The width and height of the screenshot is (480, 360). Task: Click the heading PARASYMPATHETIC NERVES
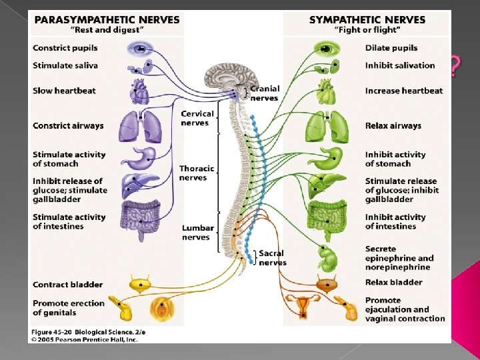point(107,19)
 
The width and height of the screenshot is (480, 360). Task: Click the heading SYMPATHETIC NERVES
point(367,19)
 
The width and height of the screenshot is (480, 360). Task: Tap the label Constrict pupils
point(66,48)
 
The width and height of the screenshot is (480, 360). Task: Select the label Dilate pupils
point(391,48)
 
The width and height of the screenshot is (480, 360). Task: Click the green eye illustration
point(326,48)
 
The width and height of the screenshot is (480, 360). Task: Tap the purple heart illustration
point(141,91)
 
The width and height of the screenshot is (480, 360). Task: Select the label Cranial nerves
point(265,93)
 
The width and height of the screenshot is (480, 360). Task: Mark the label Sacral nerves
point(271,258)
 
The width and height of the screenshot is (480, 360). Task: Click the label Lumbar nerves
point(197,233)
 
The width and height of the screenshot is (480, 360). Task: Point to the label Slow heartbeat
point(64,91)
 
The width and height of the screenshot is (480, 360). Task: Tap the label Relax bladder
point(393,282)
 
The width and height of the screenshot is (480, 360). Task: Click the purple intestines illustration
point(141,217)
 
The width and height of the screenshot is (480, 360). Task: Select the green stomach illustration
point(327,158)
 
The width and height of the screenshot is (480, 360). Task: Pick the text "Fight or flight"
point(367,30)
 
